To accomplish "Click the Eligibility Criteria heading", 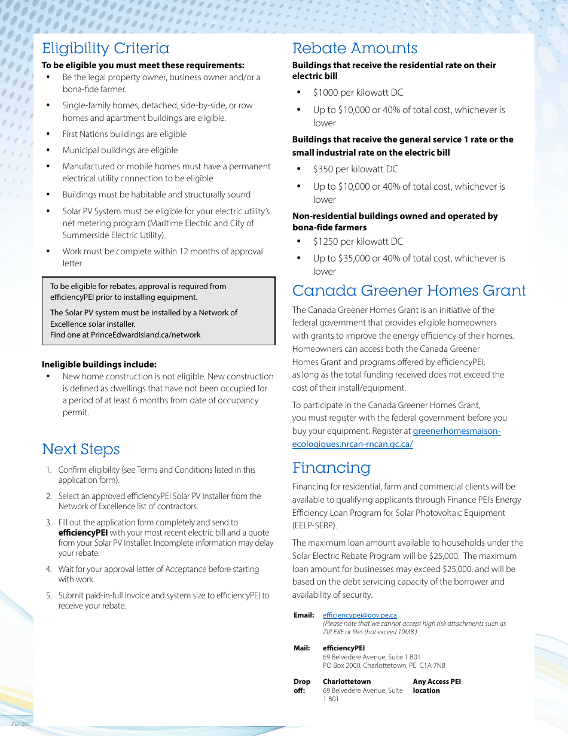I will pyautogui.click(x=106, y=48).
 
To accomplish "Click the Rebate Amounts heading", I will pyautogui.click(x=355, y=48).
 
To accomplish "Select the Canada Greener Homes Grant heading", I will pyautogui.click(x=409, y=291).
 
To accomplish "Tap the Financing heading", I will pyautogui.click(x=331, y=467).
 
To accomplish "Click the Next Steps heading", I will pyautogui.click(x=81, y=449).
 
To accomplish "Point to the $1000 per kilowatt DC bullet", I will pyautogui.click(x=358, y=93).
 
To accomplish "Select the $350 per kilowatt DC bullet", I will pyautogui.click(x=355, y=169).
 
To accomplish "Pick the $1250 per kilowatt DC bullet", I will pyautogui.click(x=358, y=242).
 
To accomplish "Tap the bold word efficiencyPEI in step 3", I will pyautogui.click(x=83, y=533).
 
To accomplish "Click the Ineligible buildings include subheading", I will pyautogui.click(x=99, y=364).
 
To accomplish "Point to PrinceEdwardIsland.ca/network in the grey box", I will pyautogui.click(x=145, y=334).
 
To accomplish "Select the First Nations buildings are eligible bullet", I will pyautogui.click(x=124, y=134).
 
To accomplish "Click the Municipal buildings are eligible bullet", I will pyautogui.click(x=120, y=150).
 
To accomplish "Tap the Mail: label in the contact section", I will pyautogui.click(x=301, y=648).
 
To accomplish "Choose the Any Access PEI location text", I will pyautogui.click(x=436, y=686).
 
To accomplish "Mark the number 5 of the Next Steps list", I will pyautogui.click(x=48, y=595).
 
